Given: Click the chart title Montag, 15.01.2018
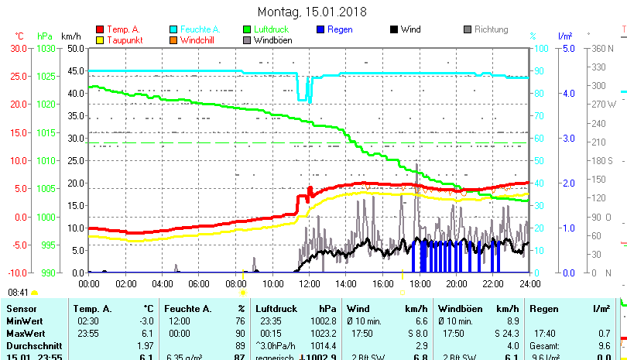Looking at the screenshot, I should (x=312, y=12).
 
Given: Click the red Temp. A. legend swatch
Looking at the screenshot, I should (x=99, y=29).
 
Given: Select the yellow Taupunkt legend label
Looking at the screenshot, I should (x=124, y=40).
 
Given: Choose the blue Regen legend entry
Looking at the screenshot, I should (x=341, y=29).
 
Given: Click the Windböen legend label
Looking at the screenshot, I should (x=272, y=40).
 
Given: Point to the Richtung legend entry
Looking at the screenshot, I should (x=491, y=29).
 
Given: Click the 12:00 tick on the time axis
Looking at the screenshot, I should (x=310, y=283).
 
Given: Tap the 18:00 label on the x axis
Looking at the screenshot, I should (x=420, y=283).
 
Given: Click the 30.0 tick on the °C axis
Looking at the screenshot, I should (x=19, y=48).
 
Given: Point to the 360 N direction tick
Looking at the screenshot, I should (x=603, y=48).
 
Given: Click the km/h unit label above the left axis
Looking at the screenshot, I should (x=70, y=36).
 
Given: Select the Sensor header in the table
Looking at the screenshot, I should (x=21, y=309).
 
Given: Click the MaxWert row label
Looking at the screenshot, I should (x=25, y=333).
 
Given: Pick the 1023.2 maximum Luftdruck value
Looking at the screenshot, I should (x=323, y=333).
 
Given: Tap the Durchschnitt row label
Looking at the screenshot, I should (x=30, y=345).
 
